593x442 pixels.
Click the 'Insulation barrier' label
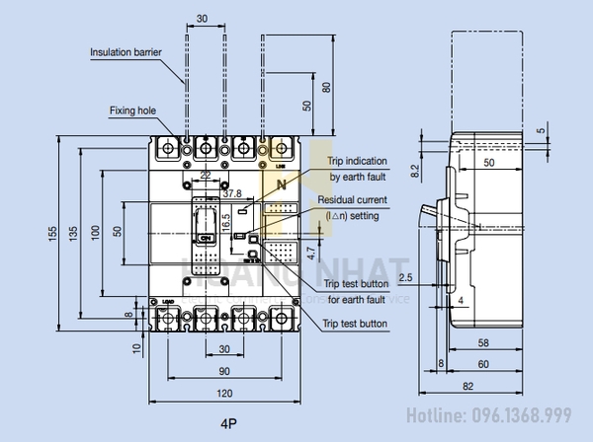(126, 51)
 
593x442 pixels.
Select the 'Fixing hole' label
(128, 111)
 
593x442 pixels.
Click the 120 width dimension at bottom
(225, 393)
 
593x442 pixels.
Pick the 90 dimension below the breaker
(225, 370)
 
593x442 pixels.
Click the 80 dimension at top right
(327, 87)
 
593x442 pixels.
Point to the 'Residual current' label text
(358, 199)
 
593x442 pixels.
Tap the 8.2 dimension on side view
(416, 170)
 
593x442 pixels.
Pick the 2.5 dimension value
(406, 277)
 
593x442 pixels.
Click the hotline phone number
(502, 414)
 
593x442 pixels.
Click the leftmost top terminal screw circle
(167, 148)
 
